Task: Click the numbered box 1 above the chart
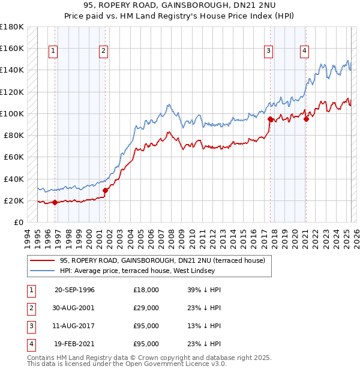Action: [53, 52]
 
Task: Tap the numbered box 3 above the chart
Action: [269, 52]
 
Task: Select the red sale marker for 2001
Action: [105, 191]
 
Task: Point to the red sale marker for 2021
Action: [306, 119]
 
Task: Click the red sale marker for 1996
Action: [55, 202]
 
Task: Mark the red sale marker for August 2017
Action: [270, 119]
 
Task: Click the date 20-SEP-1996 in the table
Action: [74, 290]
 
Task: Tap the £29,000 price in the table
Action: [146, 308]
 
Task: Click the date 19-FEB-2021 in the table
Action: [74, 344]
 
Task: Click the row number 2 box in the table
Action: [31, 308]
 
